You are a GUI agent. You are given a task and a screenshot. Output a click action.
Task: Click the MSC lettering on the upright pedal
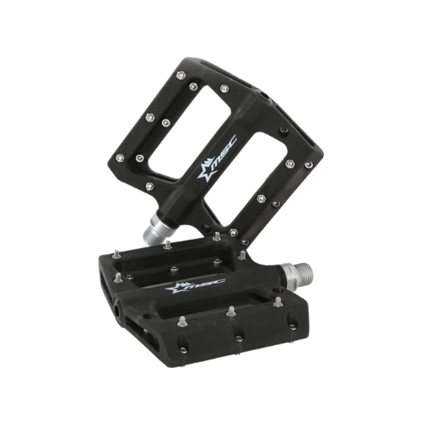pyautogui.click(x=224, y=154)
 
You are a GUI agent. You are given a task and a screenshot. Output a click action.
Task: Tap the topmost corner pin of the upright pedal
pyautogui.click(x=180, y=75)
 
